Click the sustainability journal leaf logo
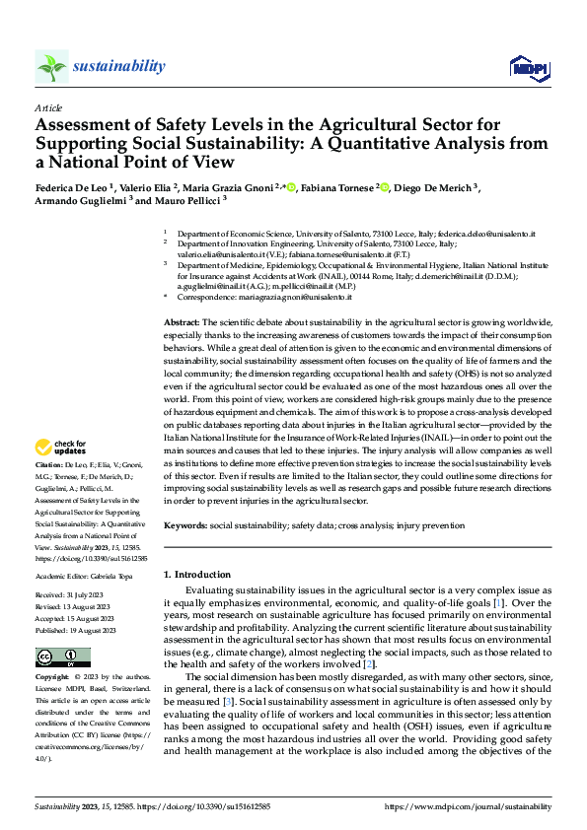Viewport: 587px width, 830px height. point(51,66)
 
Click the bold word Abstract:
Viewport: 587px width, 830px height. point(181,296)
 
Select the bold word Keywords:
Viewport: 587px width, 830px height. point(185,526)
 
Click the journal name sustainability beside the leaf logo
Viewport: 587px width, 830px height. point(119,66)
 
